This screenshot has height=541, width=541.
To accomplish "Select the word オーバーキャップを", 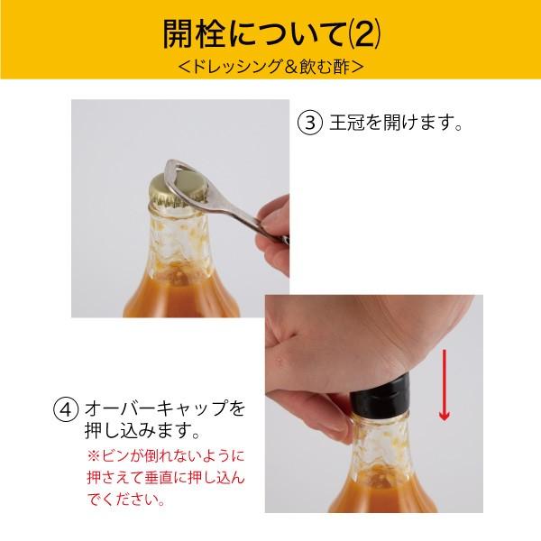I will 163,408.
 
